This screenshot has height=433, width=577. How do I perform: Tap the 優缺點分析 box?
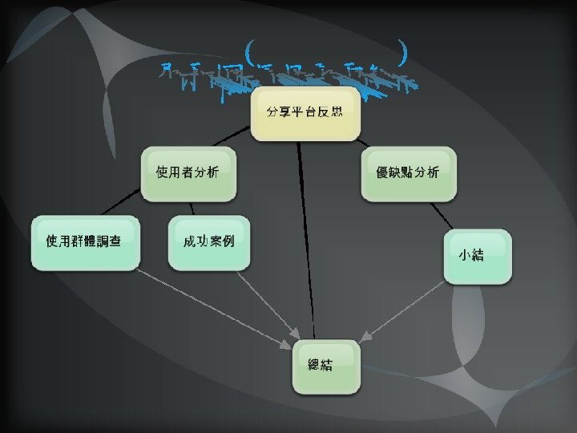[408, 173]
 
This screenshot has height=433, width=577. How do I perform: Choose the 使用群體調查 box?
[84, 241]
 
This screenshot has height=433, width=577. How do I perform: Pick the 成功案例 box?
[208, 241]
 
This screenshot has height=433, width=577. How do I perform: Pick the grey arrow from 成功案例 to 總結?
[264, 309]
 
